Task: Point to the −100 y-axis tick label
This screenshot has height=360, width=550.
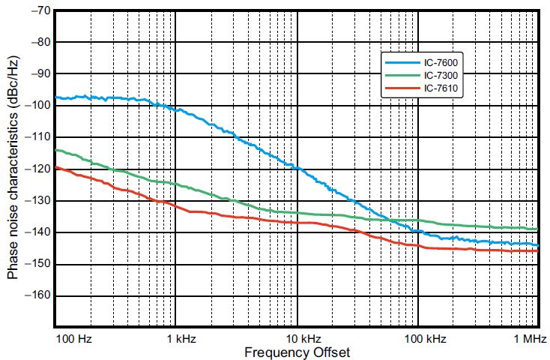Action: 37,106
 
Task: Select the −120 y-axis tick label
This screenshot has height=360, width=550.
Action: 37,169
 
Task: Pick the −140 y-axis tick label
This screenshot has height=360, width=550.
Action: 37,232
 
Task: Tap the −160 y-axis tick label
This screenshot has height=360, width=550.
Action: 37,295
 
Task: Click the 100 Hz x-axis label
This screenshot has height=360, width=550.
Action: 74,339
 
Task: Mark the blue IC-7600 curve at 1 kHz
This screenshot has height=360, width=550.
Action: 176,109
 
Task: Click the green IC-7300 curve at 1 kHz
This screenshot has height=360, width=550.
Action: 176,184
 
